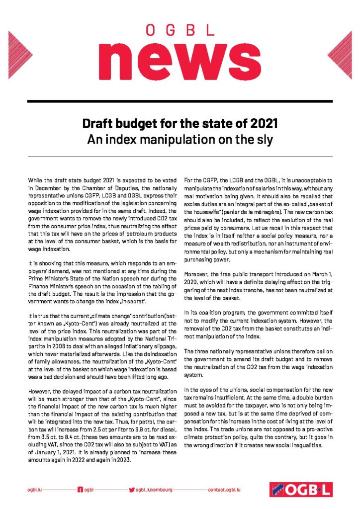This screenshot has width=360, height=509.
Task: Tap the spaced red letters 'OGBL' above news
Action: pyautogui.click(x=180, y=31)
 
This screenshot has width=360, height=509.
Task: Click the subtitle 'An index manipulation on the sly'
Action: pyautogui.click(x=180, y=140)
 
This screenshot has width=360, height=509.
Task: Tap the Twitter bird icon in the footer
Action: pyautogui.click(x=132, y=490)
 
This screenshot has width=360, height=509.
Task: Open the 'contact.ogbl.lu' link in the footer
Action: pyautogui.click(x=224, y=490)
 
